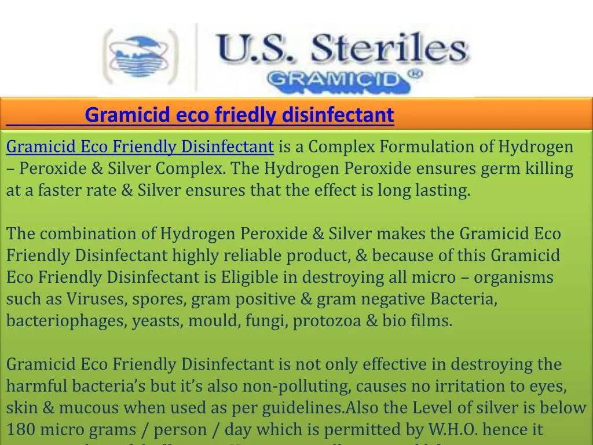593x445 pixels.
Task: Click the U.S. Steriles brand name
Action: click(342, 48)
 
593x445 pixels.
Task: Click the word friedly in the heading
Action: click(247, 115)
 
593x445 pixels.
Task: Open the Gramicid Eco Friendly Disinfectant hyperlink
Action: click(140, 147)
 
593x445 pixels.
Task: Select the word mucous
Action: click(87, 408)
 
